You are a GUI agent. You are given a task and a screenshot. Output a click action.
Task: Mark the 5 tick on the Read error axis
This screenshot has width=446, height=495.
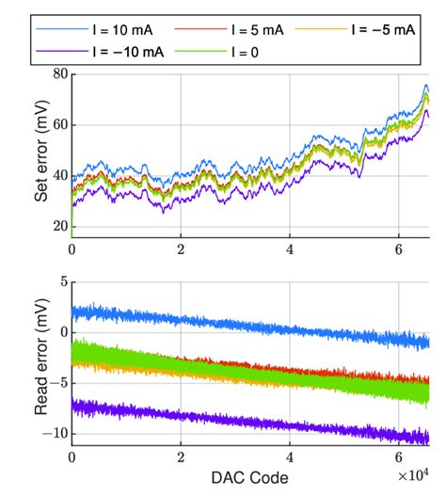[60, 281]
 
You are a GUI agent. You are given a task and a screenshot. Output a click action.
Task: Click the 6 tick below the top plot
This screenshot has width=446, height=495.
[399, 250]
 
